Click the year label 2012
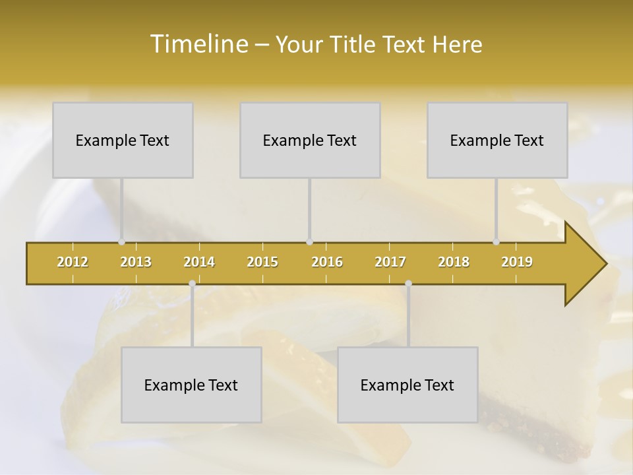[73, 262]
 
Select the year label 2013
[136, 262]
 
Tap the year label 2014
[199, 262]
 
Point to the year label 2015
[262, 262]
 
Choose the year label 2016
[327, 262]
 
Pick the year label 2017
[390, 262]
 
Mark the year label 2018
[454, 262]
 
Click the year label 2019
[517, 262]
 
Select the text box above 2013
[123, 140]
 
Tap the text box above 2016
[310, 140]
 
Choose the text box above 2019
[497, 140]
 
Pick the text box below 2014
[191, 385]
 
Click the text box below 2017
[407, 385]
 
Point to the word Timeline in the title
[198, 44]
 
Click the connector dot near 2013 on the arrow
[121, 241]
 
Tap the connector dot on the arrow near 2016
[309, 241]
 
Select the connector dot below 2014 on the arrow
[192, 284]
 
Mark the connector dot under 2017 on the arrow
[408, 284]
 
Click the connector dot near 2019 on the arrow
[496, 241]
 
